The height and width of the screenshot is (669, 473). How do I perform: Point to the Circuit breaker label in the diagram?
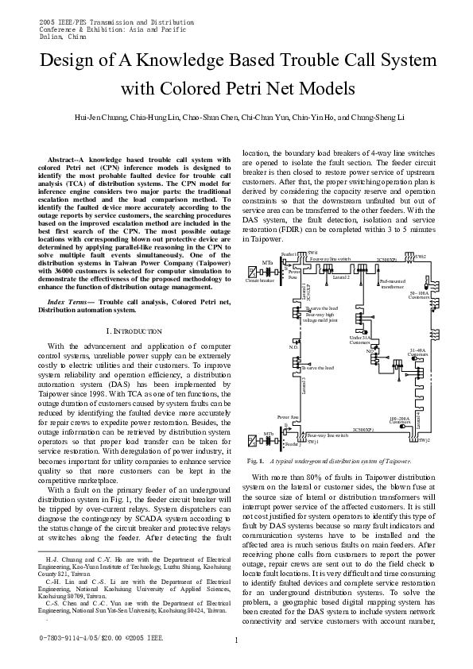coord(260,280)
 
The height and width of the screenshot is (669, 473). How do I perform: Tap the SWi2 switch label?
coord(421,257)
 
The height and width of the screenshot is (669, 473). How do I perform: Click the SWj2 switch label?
coord(424,439)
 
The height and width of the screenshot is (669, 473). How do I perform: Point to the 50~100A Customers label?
coord(418,295)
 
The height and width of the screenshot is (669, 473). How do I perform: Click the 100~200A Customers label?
coord(400,420)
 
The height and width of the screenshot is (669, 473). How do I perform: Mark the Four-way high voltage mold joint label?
coord(321,316)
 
